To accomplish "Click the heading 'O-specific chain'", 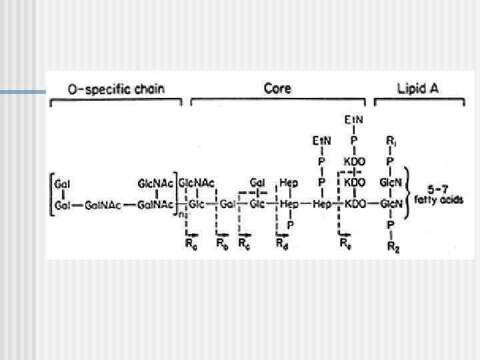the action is point(117,89).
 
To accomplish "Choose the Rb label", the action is point(223,243).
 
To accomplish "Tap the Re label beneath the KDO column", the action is point(345,243).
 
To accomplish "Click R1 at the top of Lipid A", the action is point(391,141).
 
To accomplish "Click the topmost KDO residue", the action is point(353,162).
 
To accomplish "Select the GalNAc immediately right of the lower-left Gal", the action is point(103,205).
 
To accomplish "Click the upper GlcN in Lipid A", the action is point(391,183).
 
